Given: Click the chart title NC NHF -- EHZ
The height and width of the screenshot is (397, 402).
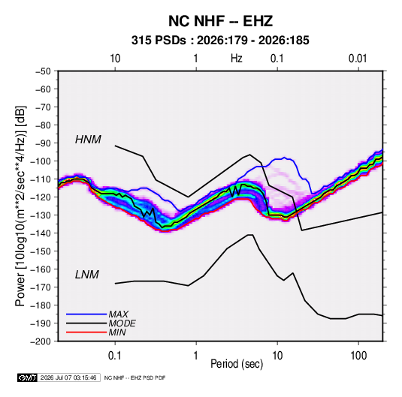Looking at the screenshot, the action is tap(220, 21).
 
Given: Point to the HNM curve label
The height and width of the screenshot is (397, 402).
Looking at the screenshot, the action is tap(88, 140).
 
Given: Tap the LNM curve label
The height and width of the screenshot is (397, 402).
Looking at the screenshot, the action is tap(87, 275).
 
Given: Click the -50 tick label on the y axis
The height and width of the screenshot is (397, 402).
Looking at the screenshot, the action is tap(43, 71).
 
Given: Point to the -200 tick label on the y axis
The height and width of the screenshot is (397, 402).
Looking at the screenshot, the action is tap(41, 341).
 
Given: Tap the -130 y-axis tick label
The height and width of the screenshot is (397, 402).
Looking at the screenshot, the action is tap(41, 215).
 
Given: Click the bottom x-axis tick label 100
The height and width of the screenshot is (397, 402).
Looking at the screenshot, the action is tap(358, 356).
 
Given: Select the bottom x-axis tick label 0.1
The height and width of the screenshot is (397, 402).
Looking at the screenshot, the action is tap(115, 356).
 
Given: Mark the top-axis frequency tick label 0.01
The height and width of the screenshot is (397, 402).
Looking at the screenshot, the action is tap(358, 59).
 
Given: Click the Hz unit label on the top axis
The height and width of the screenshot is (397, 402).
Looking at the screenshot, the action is tap(237, 59).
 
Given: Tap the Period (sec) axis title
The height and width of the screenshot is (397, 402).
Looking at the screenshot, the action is tap(237, 364).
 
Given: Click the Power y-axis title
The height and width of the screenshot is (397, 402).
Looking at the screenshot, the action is tap(20, 206).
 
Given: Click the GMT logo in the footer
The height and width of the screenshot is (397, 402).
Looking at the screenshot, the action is tap(28, 377).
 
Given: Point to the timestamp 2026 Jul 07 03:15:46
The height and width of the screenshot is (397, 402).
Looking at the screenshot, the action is tap(68, 377).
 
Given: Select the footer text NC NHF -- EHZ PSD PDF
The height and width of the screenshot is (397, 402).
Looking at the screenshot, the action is tap(135, 377).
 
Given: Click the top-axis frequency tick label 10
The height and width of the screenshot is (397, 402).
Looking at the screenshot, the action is tap(115, 59).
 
